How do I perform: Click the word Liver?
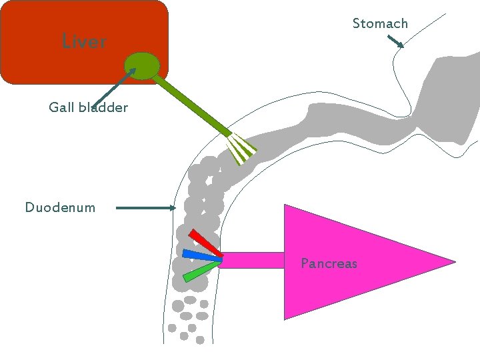(84, 41)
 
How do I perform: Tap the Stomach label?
(379, 24)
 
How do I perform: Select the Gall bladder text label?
(88, 107)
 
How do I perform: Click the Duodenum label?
(60, 207)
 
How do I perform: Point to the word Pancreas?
(329, 263)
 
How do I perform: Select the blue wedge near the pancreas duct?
(201, 255)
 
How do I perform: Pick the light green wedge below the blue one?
(201, 271)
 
